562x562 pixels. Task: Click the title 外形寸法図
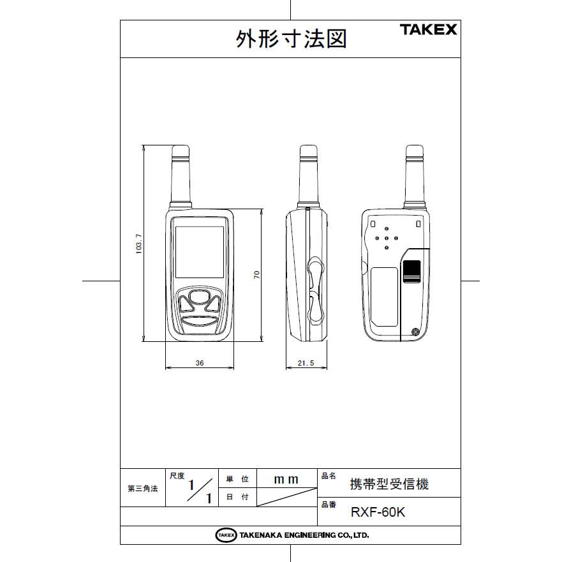[291, 39]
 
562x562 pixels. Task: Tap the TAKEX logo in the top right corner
[428, 29]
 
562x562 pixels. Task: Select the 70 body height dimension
[256, 274]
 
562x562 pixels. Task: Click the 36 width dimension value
[200, 362]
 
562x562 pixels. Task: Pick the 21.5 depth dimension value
[306, 362]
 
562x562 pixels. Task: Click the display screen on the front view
[200, 251]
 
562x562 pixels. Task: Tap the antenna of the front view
[181, 175]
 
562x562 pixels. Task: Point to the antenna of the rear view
[415, 175]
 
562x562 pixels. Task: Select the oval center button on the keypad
[200, 296]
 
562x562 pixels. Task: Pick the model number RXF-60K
[378, 512]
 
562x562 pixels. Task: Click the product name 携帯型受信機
[389, 484]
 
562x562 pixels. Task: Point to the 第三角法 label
[142, 489]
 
